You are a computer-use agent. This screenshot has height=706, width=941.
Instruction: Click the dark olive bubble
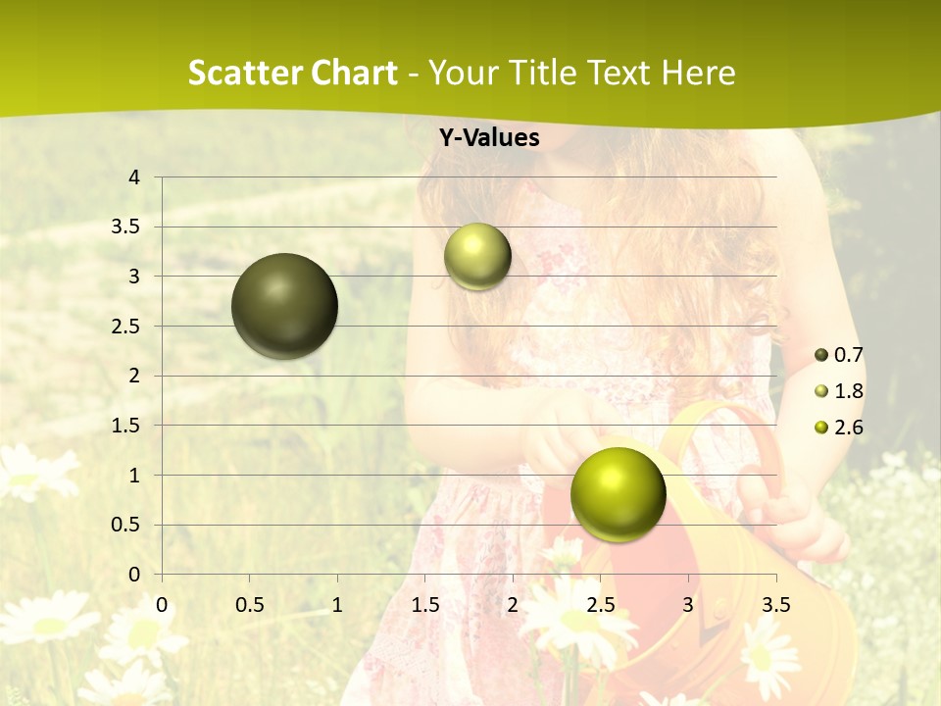click(x=284, y=306)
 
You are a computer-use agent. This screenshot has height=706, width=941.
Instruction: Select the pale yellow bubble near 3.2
click(x=477, y=256)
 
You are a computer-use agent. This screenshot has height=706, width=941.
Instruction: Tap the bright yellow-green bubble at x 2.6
click(x=618, y=494)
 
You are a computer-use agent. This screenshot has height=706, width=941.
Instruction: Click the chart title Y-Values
click(x=489, y=138)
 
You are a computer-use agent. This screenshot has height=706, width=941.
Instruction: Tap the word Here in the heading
click(x=697, y=73)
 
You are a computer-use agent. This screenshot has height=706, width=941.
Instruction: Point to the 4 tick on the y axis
click(x=135, y=177)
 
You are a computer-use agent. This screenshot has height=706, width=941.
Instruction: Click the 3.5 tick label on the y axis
click(x=126, y=227)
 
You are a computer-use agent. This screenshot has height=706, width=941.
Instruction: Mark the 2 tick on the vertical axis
click(x=135, y=376)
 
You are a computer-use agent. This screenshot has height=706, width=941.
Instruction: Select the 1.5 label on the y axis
click(x=126, y=426)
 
